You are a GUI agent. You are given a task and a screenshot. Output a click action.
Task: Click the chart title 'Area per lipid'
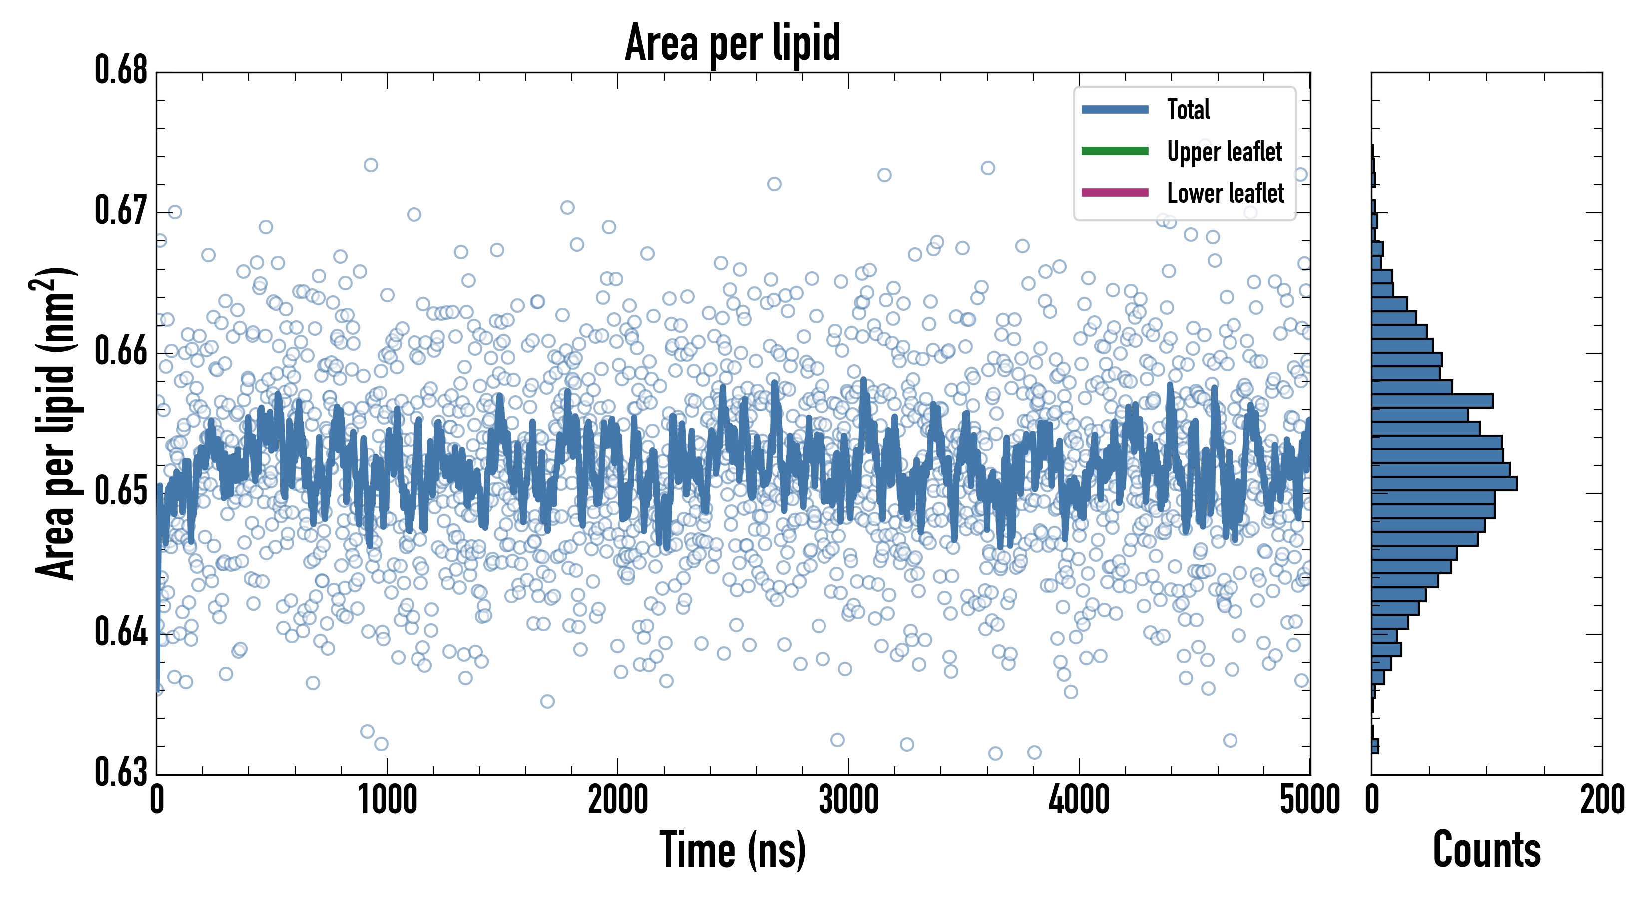pyautogui.click(x=733, y=43)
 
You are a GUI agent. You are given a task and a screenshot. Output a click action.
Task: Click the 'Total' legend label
pyautogui.click(x=1188, y=109)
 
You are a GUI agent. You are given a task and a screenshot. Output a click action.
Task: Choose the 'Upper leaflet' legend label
pyautogui.click(x=1224, y=152)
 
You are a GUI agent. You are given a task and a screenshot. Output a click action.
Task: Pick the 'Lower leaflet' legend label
pyautogui.click(x=1225, y=193)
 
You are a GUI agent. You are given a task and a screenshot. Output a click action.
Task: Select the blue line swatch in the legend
pyautogui.click(x=1115, y=109)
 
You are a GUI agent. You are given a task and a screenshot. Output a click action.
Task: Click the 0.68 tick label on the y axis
pyautogui.click(x=121, y=70)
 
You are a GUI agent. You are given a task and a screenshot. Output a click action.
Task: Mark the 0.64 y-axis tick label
pyautogui.click(x=121, y=632)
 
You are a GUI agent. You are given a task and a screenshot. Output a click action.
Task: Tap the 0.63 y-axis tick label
pyautogui.click(x=121, y=772)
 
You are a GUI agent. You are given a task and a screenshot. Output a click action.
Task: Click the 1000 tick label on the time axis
pyautogui.click(x=387, y=800)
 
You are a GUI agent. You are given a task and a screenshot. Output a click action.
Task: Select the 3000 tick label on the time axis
pyautogui.click(x=848, y=800)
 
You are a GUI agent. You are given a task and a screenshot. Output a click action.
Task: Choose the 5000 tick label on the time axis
pyautogui.click(x=1309, y=800)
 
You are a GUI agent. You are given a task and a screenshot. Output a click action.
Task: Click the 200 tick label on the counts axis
pyautogui.click(x=1601, y=800)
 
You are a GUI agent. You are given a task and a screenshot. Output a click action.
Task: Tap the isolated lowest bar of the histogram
pyautogui.click(x=1375, y=746)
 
